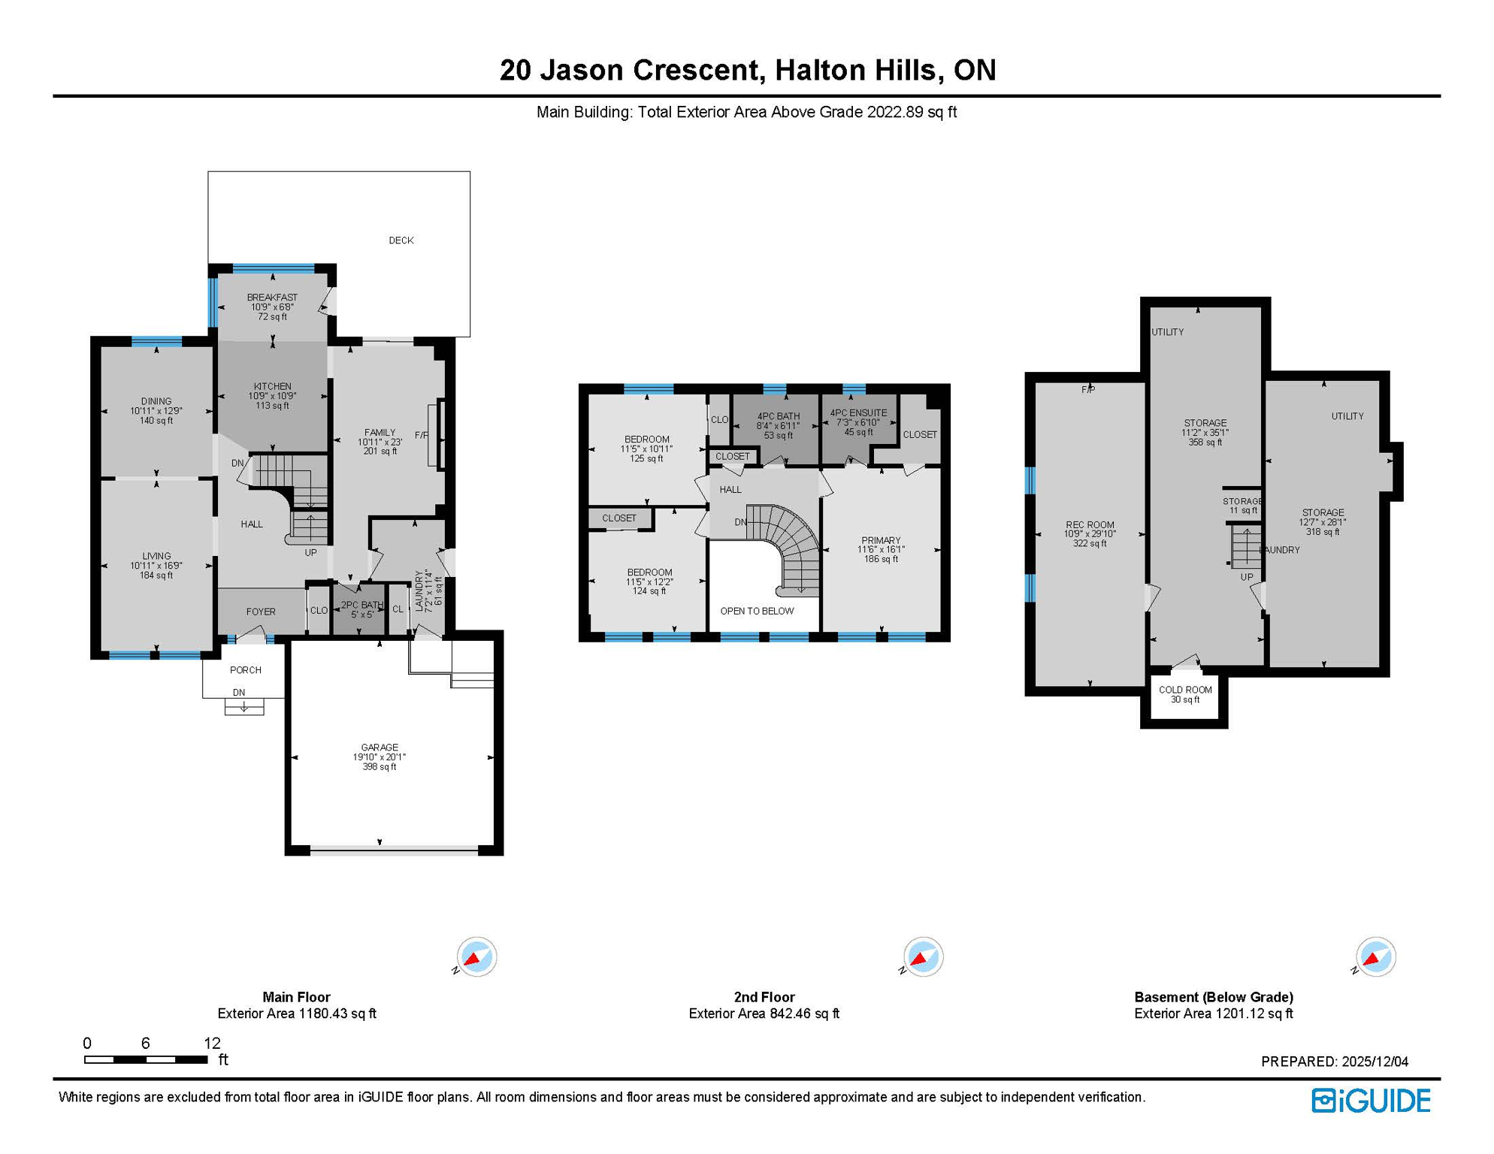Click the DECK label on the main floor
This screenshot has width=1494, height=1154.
point(401,240)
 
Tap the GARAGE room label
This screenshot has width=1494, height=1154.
point(380,748)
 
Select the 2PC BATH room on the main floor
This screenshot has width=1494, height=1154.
point(361,609)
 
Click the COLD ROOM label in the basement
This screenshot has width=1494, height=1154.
point(1185,690)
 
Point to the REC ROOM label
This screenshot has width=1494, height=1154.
point(1090,525)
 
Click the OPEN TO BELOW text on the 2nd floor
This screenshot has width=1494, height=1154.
point(757,611)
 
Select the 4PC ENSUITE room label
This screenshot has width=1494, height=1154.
point(858,413)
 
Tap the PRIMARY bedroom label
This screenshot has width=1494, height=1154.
point(881,540)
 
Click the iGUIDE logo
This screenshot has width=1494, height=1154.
point(1371,1101)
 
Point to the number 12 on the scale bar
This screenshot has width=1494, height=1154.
point(212,1043)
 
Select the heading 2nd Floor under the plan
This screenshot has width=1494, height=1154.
point(764,997)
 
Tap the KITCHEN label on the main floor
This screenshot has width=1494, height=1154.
point(272,386)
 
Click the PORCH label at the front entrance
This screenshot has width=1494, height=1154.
point(246,670)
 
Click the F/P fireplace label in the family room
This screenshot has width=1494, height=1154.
point(421,436)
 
